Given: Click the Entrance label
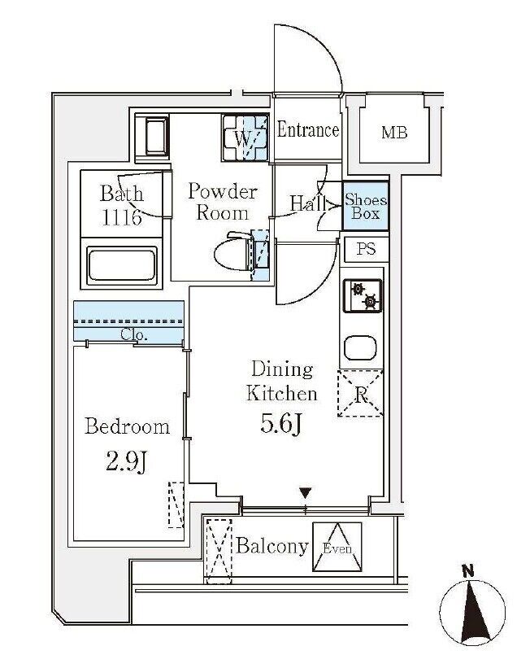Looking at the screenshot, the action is tap(308, 129).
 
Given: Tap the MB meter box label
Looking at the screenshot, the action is tap(394, 133).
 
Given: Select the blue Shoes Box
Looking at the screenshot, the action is tap(366, 206).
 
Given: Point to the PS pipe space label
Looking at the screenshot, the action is tap(366, 249).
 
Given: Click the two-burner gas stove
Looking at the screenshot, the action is tap(363, 295).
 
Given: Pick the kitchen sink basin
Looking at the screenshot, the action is tap(360, 347).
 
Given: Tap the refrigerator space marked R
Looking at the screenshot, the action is tap(360, 393).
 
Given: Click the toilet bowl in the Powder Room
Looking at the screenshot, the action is tap(232, 252).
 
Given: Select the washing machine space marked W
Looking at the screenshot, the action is tap(245, 138).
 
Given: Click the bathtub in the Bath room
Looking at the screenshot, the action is tap(121, 264).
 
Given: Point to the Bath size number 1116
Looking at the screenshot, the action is tap(122, 217).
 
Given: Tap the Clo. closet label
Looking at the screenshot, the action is tap(134, 334).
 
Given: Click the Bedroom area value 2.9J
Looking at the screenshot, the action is tap(127, 461).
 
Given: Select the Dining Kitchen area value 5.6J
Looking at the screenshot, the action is tap(281, 424).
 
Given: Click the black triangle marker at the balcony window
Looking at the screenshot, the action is tap(306, 493).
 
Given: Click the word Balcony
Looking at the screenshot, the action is tap(272, 546).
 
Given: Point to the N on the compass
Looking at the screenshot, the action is tap(468, 570).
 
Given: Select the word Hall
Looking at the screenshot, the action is tap(308, 204).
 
